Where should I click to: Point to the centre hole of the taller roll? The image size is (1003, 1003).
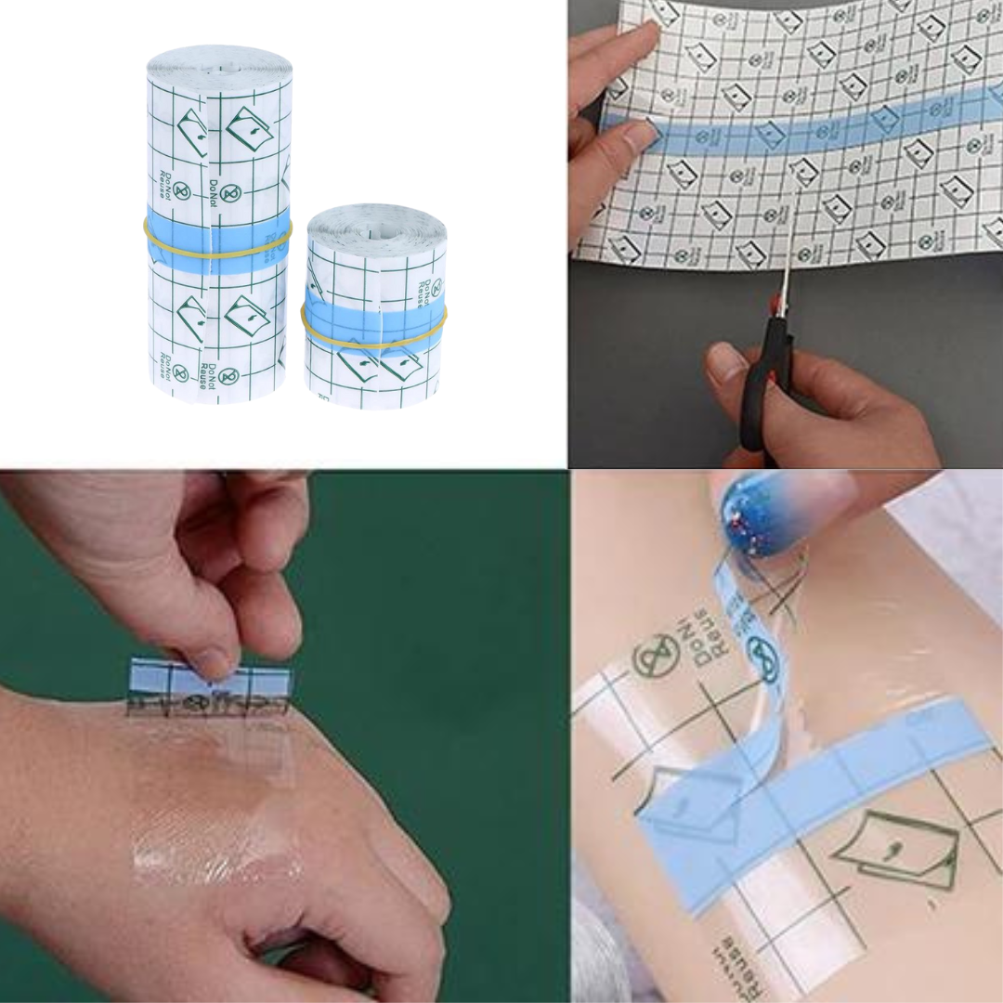click(220, 67)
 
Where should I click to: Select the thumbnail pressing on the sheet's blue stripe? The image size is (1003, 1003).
click(641, 137)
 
